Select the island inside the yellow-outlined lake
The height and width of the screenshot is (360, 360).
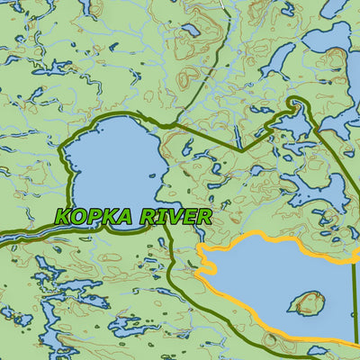click(x=307, y=302)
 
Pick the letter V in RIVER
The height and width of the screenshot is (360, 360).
click(x=182, y=216)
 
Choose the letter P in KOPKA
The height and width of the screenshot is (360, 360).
click(x=99, y=217)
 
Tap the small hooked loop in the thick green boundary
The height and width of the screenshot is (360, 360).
click(x=296, y=107)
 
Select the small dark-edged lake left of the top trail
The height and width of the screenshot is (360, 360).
click(x=191, y=31)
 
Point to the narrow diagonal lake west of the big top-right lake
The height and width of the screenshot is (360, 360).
click(x=276, y=59)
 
